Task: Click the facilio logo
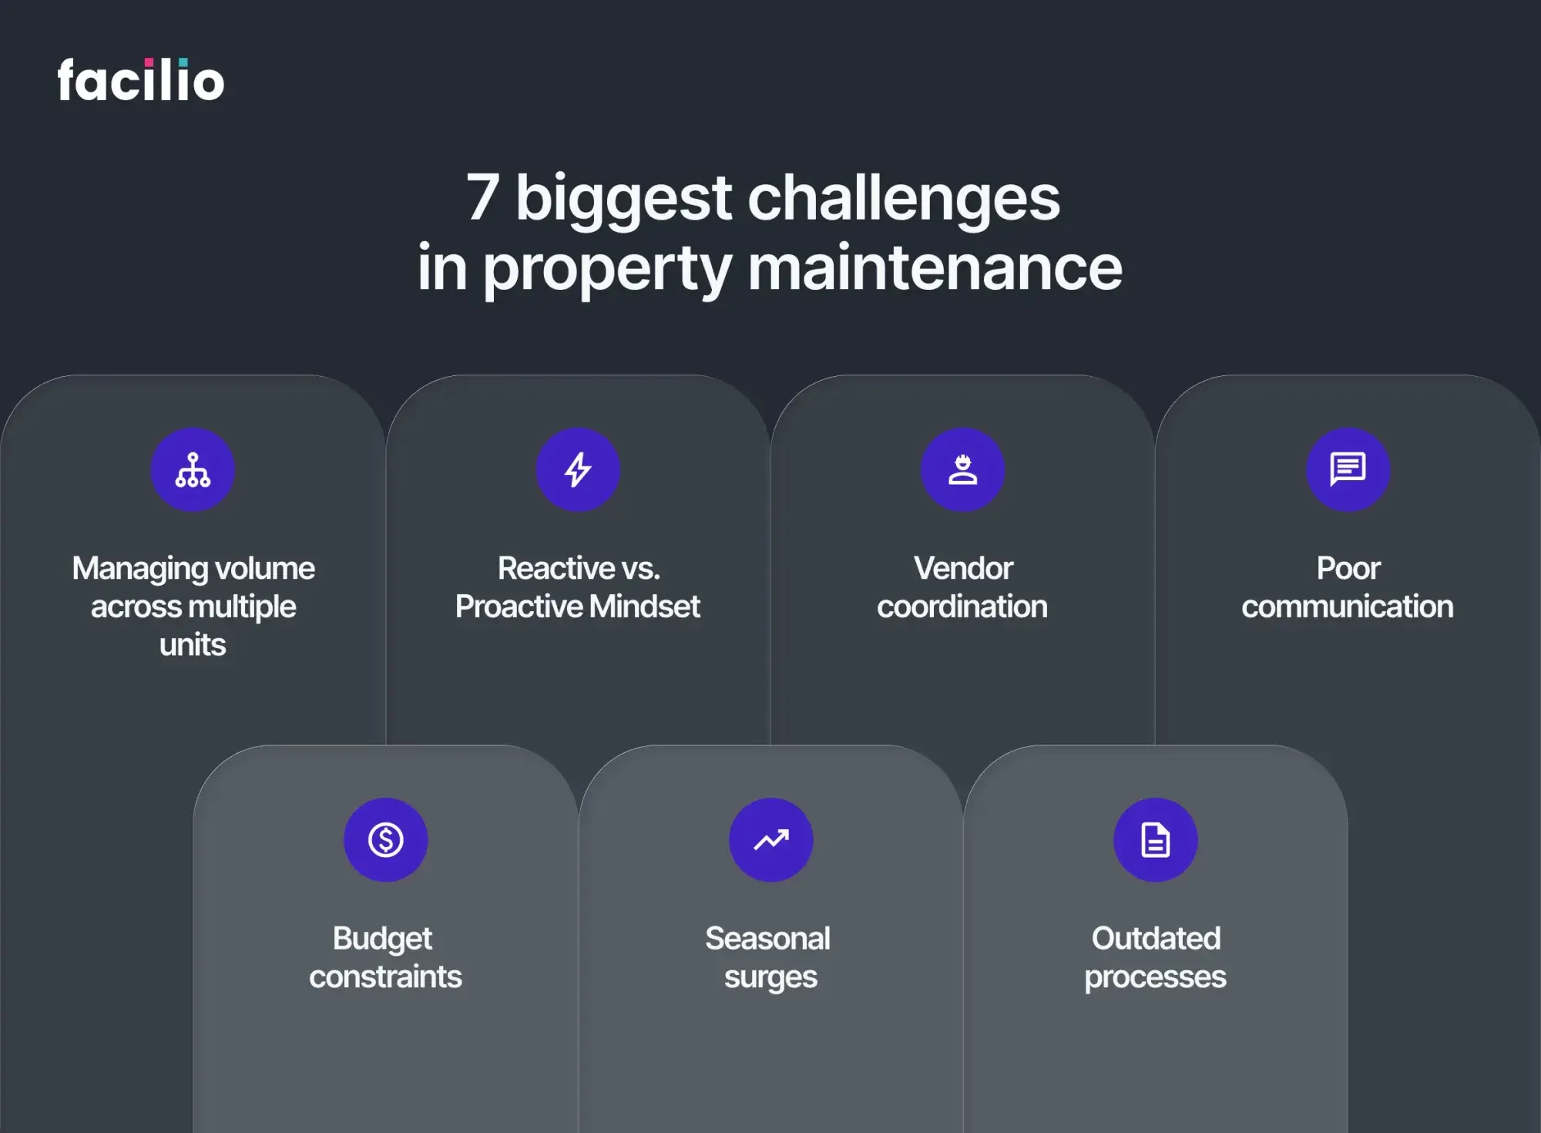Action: coord(141,80)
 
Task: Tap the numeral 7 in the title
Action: coord(483,197)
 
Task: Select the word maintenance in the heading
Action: coord(935,267)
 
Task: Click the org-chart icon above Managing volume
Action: coord(193,470)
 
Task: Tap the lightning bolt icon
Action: coord(578,470)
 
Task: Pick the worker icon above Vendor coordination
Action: coord(962,470)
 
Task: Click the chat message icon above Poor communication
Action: coord(1348,469)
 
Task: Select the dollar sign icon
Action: coord(385,839)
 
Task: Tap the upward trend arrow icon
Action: coord(770,839)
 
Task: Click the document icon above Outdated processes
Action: coord(1155,839)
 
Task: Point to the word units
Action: coord(193,644)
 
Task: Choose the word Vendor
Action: coord(963,569)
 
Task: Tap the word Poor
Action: coord(1348,569)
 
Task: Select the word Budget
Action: coord(382,939)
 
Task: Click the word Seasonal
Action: coord(767,939)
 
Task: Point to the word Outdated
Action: coord(1156,939)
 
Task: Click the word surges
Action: coord(770,977)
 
